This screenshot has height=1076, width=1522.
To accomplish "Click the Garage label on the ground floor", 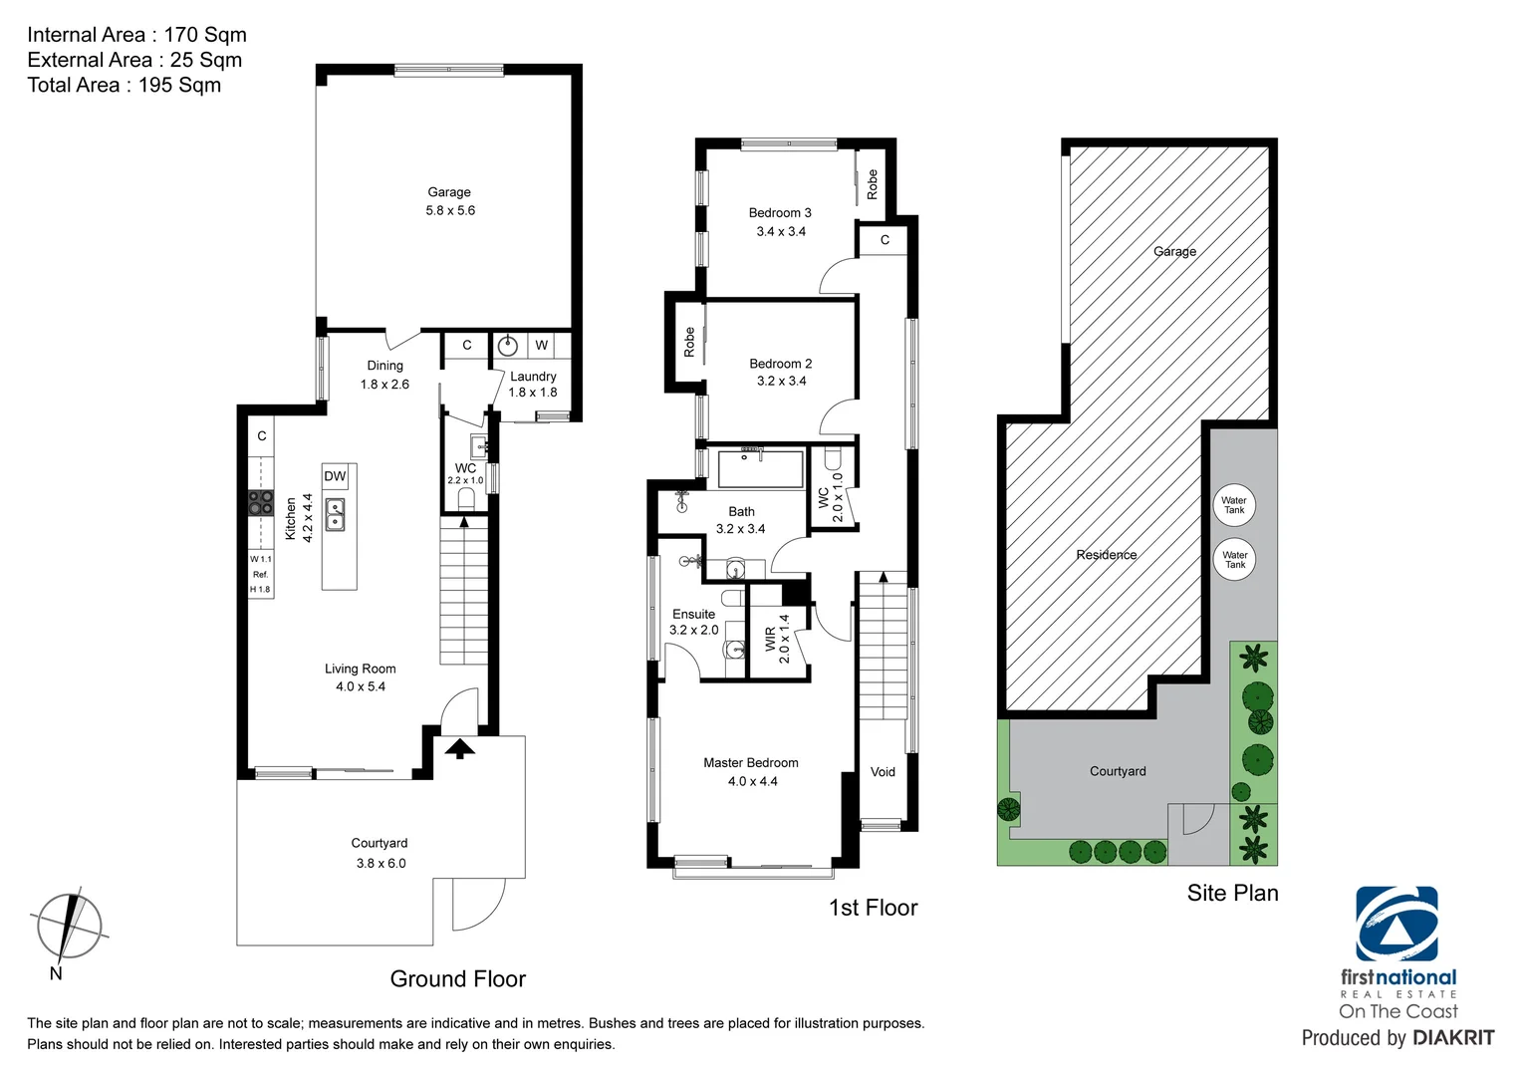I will pos(449,192).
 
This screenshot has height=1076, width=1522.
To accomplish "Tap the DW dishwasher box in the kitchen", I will pos(335,476).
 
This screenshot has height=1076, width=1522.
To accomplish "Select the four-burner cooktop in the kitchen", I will pos(261,503).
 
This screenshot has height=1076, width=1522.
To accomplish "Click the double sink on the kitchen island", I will pos(336,514).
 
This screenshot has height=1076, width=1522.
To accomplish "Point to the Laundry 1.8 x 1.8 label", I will pos(533,384).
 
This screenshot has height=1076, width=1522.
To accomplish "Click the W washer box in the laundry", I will pos(541,346).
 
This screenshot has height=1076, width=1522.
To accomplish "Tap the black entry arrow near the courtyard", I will pos(459,748).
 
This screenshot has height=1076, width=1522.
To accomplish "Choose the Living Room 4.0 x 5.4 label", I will pos(360,677).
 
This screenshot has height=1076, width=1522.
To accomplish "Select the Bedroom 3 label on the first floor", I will pos(780,213).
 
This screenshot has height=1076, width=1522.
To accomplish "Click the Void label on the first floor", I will pos(883,772).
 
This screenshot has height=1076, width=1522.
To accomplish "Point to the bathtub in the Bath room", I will pos(761,469).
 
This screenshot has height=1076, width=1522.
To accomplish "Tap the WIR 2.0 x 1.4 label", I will pos(777,639).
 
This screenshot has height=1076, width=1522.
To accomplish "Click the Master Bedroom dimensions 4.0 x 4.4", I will pos(752,782).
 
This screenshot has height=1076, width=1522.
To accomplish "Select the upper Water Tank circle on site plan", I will pos(1234,505).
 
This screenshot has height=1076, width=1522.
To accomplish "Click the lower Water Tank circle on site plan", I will pos(1235,560).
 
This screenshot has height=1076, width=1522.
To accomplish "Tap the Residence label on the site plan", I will pos(1106,555).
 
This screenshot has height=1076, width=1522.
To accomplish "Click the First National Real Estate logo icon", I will pos(1396,924).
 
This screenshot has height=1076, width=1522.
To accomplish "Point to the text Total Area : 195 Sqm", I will pos(125,86).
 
